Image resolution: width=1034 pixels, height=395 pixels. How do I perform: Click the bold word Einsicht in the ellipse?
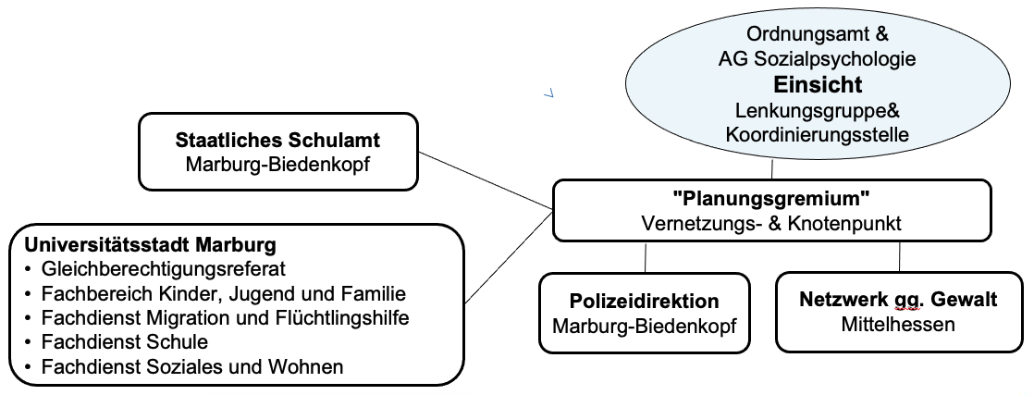[818, 85]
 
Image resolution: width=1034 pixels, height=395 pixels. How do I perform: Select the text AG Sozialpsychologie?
[817, 58]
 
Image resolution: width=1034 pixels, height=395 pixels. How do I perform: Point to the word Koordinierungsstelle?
[817, 134]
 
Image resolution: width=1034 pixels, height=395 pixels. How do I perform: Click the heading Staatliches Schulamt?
[277, 140]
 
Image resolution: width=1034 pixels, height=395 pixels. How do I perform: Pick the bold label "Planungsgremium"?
[771, 197]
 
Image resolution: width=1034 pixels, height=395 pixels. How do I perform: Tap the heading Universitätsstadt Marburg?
[151, 245]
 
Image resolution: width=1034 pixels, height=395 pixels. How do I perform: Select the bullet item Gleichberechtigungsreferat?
[163, 269]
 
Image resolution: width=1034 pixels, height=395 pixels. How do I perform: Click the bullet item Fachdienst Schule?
[125, 342]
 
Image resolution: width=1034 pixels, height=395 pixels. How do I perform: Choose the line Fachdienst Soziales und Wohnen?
[191, 366]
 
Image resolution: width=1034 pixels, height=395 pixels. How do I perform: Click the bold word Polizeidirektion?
[645, 301]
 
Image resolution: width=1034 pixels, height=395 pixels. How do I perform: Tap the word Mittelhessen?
[898, 325]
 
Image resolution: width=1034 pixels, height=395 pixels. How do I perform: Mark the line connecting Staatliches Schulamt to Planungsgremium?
[486, 180]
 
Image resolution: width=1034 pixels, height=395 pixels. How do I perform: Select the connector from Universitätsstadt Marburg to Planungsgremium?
[509, 256]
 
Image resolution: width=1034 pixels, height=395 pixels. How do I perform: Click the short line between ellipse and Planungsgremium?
[772, 169]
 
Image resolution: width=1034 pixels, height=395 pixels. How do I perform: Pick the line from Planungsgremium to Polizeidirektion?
[646, 258]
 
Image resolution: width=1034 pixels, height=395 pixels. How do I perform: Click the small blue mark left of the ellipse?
[548, 94]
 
